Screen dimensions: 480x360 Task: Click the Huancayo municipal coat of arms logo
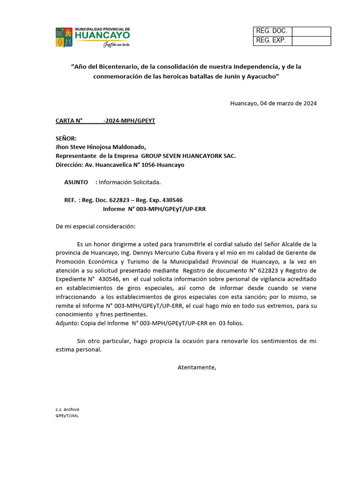(x=64, y=37)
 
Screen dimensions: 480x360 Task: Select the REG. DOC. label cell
(x=272, y=31)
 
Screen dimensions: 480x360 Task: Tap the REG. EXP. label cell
(x=272, y=41)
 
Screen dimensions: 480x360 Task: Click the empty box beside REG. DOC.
(x=311, y=31)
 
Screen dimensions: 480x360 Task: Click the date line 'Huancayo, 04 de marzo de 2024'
(x=273, y=104)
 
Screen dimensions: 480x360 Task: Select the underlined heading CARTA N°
(x=69, y=121)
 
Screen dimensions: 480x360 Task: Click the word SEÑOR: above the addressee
(x=66, y=139)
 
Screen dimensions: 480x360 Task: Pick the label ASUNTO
(x=76, y=182)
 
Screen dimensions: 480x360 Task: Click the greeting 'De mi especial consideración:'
(x=95, y=226)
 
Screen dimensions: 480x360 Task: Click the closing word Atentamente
(x=197, y=367)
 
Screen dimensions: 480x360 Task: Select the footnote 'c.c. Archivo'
(x=67, y=409)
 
